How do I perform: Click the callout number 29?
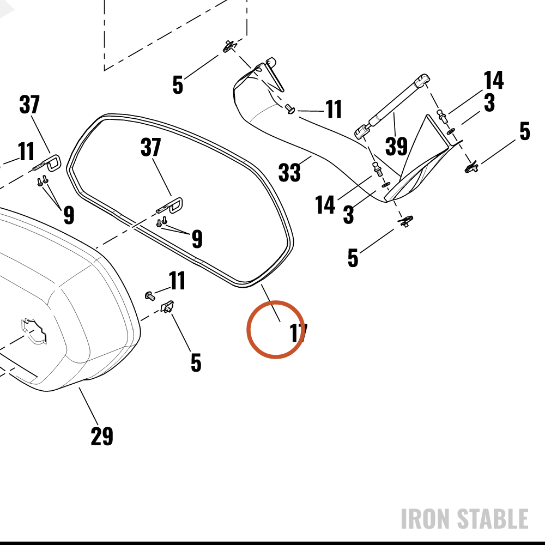pyautogui.click(x=102, y=436)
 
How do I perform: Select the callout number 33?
pyautogui.click(x=289, y=172)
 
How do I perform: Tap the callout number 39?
pyautogui.click(x=396, y=146)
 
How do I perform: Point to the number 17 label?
pyautogui.click(x=299, y=333)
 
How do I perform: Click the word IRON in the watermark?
pyautogui.click(x=426, y=518)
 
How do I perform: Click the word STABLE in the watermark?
pyautogui.click(x=493, y=518)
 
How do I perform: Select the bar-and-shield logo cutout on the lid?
pyautogui.click(x=34, y=331)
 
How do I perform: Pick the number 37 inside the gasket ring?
pyautogui.click(x=150, y=147)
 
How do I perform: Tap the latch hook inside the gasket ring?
pyautogui.click(x=170, y=206)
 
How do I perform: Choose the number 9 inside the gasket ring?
pyautogui.click(x=197, y=239)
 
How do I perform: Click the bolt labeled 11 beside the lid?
pyautogui.click(x=150, y=296)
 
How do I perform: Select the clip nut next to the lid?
pyautogui.click(x=167, y=306)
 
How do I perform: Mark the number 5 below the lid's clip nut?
pyautogui.click(x=196, y=362)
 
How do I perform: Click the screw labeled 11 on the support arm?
pyautogui.click(x=290, y=109)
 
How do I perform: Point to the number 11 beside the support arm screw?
pyautogui.click(x=334, y=109)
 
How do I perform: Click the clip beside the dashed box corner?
pyautogui.click(x=229, y=46)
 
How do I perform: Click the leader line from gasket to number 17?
pyautogui.click(x=270, y=303)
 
